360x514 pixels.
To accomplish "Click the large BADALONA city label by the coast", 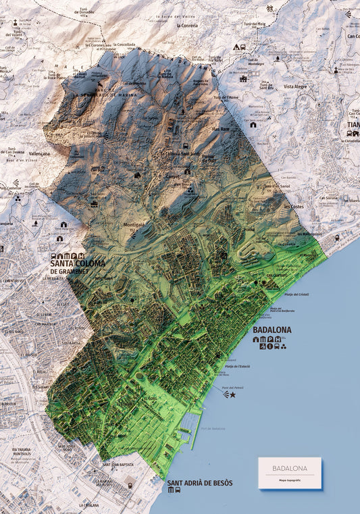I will [x=272, y=330].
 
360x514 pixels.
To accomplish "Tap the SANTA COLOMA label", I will [x=78, y=264].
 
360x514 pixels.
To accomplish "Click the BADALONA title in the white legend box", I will [x=289, y=468].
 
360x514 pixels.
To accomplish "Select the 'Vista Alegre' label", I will [x=296, y=86].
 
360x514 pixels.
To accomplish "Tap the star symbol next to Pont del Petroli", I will [x=233, y=394].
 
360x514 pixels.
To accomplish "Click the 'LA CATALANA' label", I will [x=88, y=505].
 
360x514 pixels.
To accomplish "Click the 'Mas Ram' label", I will [x=220, y=128].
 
